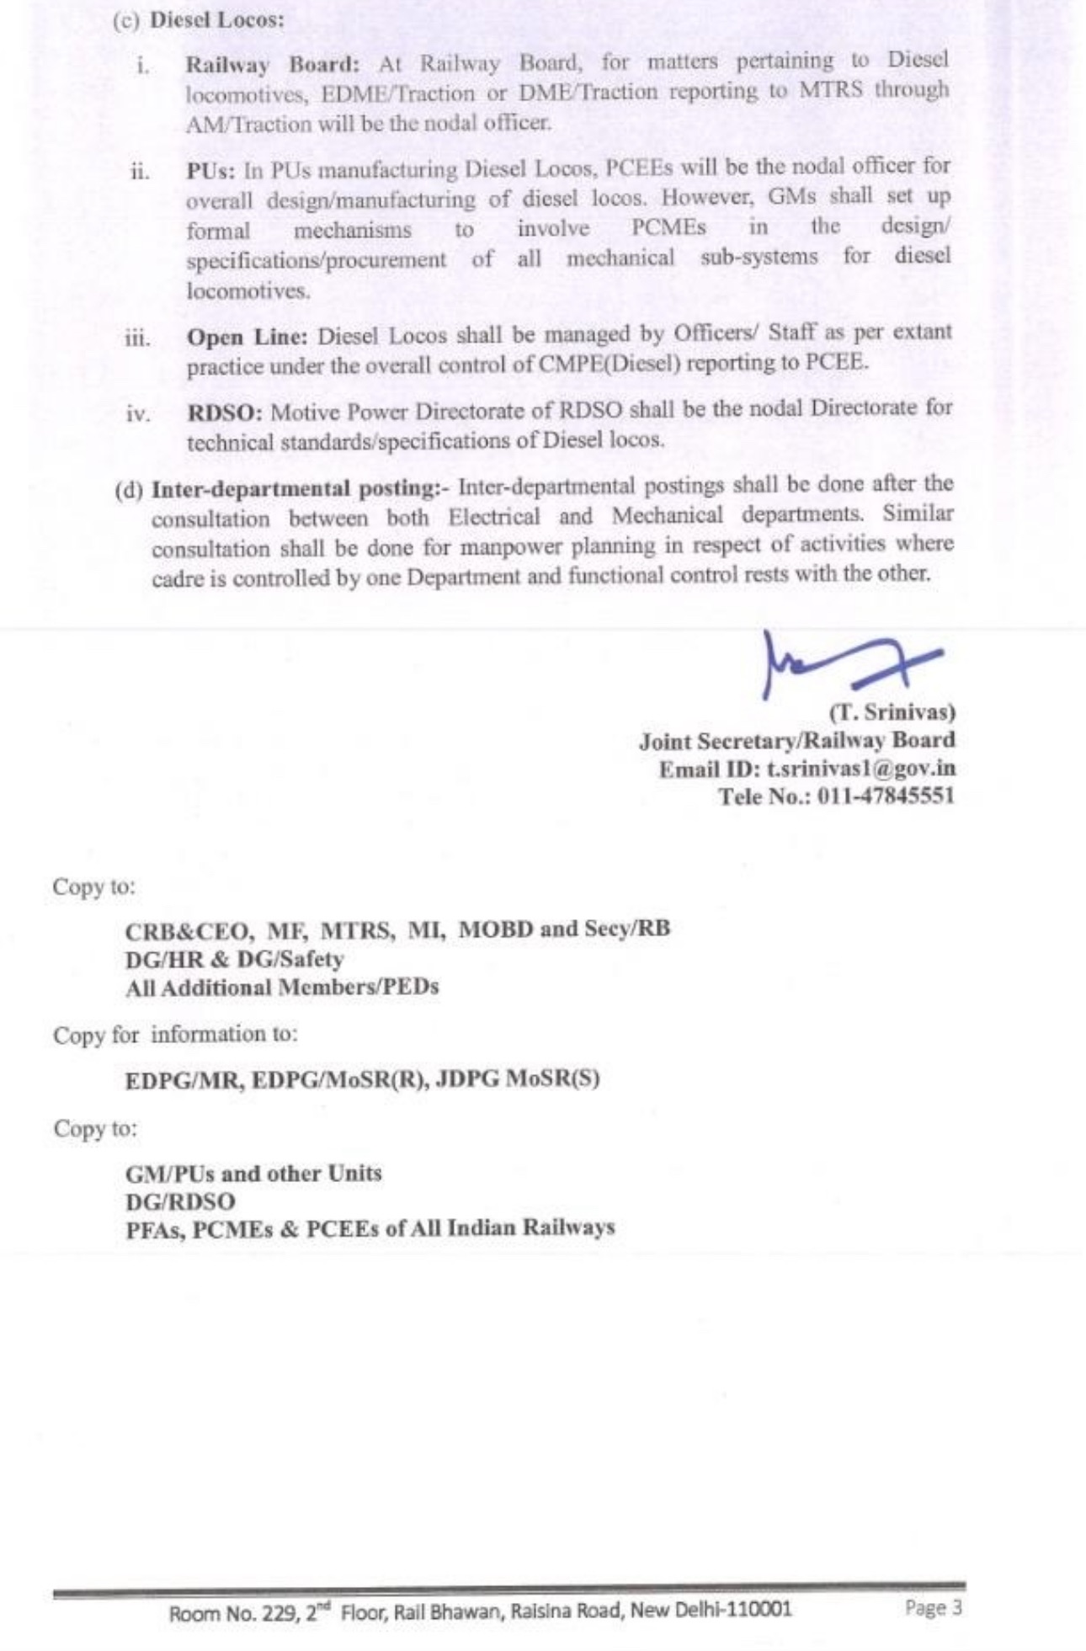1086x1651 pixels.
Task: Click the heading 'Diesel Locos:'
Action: [x=216, y=20]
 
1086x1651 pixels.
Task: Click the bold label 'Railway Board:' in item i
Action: [x=272, y=64]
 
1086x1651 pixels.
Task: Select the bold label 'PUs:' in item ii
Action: [x=211, y=169]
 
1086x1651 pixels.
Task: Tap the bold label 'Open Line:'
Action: [x=248, y=337]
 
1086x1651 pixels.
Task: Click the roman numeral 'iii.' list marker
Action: [x=137, y=338]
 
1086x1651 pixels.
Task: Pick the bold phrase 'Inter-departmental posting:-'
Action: [x=301, y=489]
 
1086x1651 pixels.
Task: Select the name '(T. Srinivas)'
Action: [x=892, y=712]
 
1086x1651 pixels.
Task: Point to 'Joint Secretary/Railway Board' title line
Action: [x=796, y=741]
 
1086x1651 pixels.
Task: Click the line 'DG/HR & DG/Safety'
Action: [x=234, y=959]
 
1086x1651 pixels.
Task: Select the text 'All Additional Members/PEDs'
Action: [x=282, y=988]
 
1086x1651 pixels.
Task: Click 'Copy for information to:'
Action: [x=175, y=1035]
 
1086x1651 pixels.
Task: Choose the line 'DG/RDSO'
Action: [x=180, y=1201]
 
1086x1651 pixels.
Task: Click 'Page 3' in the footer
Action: [x=933, y=1608]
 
